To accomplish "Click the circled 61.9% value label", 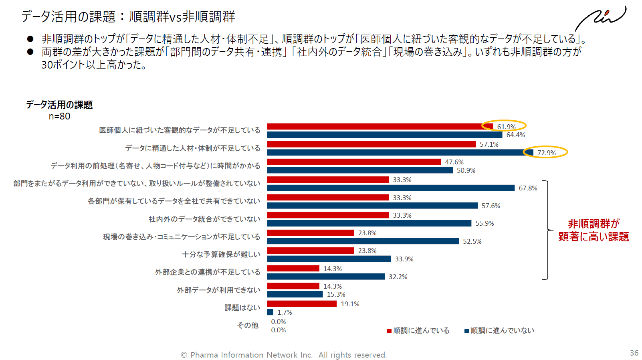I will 506,127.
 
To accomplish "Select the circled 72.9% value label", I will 546,153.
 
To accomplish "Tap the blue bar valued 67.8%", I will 391,188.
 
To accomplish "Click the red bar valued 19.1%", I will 302,304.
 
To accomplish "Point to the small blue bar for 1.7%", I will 271,312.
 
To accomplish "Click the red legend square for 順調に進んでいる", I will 389,331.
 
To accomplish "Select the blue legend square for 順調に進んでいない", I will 466,331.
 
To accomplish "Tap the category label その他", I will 248,326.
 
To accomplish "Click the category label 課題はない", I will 242,308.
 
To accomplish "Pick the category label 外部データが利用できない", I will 218,290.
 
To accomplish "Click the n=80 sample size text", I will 59,116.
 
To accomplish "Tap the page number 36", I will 634,353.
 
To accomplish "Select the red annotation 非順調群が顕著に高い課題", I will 594,230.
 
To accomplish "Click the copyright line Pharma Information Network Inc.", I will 284,355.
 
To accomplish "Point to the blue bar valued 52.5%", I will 363,241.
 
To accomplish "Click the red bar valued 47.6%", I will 354,162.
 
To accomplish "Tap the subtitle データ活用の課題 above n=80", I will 59,105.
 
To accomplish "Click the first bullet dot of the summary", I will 30,39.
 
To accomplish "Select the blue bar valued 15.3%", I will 295,295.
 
